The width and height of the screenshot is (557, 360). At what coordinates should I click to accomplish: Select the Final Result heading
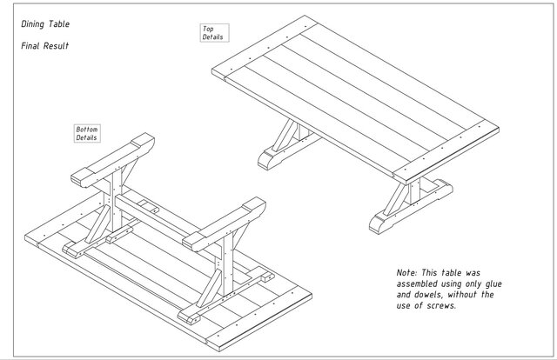(x=44, y=45)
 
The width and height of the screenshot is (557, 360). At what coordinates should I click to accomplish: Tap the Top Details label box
(x=213, y=33)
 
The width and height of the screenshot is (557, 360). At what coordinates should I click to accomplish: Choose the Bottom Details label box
(x=87, y=133)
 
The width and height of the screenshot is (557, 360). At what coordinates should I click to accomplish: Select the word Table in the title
(x=60, y=25)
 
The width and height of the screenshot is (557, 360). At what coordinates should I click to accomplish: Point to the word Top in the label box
(x=209, y=29)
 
